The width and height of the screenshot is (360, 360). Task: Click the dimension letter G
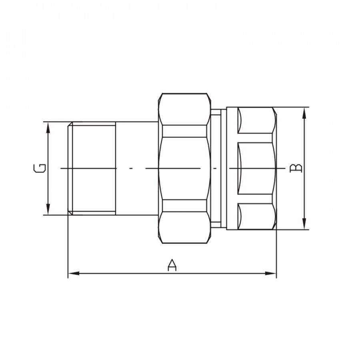(x=40, y=168)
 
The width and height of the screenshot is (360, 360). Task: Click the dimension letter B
(x=296, y=168)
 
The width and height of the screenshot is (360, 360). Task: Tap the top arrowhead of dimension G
(x=48, y=128)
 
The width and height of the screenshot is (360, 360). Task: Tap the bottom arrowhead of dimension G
(x=48, y=209)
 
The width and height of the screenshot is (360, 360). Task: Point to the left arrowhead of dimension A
(x=74, y=273)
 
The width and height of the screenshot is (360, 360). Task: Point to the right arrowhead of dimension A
(x=271, y=273)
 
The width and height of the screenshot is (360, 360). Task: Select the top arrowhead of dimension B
(x=304, y=113)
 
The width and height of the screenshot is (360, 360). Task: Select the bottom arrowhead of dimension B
(x=304, y=224)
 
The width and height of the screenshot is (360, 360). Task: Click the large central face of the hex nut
(x=184, y=168)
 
